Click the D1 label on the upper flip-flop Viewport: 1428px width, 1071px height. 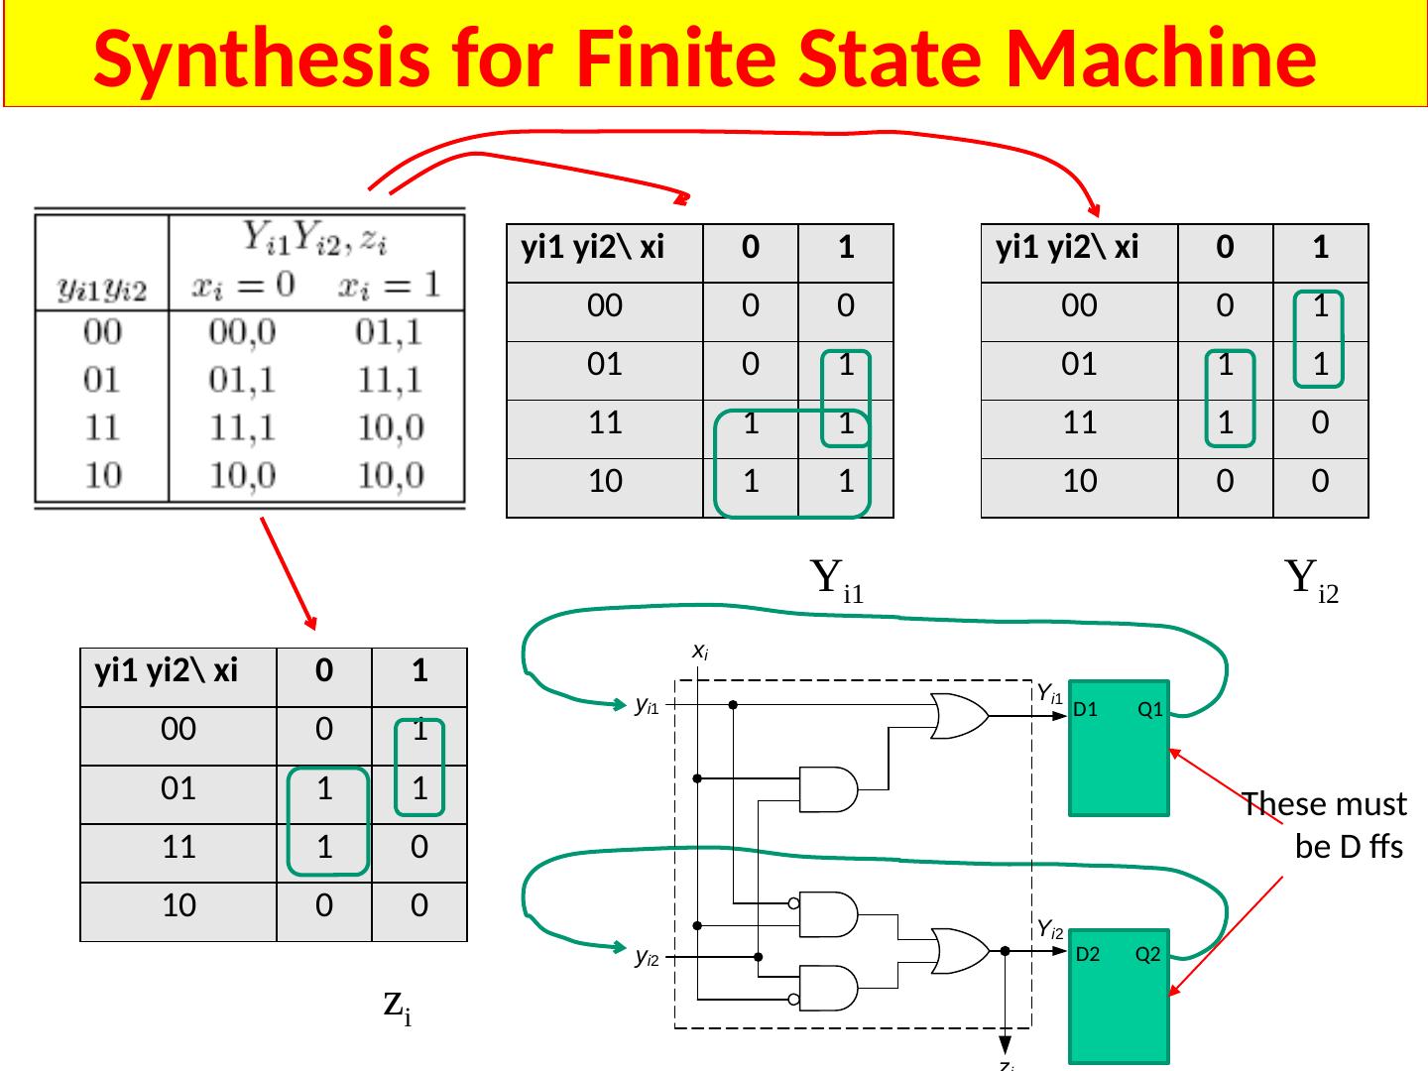[1085, 710]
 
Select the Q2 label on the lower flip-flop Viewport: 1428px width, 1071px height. [1147, 955]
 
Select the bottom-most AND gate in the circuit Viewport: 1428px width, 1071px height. [829, 989]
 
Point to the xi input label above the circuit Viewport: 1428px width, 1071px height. [699, 652]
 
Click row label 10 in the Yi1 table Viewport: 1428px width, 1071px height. [605, 482]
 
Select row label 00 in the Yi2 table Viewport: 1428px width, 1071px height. [1079, 306]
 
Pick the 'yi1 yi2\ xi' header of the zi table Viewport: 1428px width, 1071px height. [167, 672]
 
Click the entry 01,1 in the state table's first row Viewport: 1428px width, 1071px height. [388, 331]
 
